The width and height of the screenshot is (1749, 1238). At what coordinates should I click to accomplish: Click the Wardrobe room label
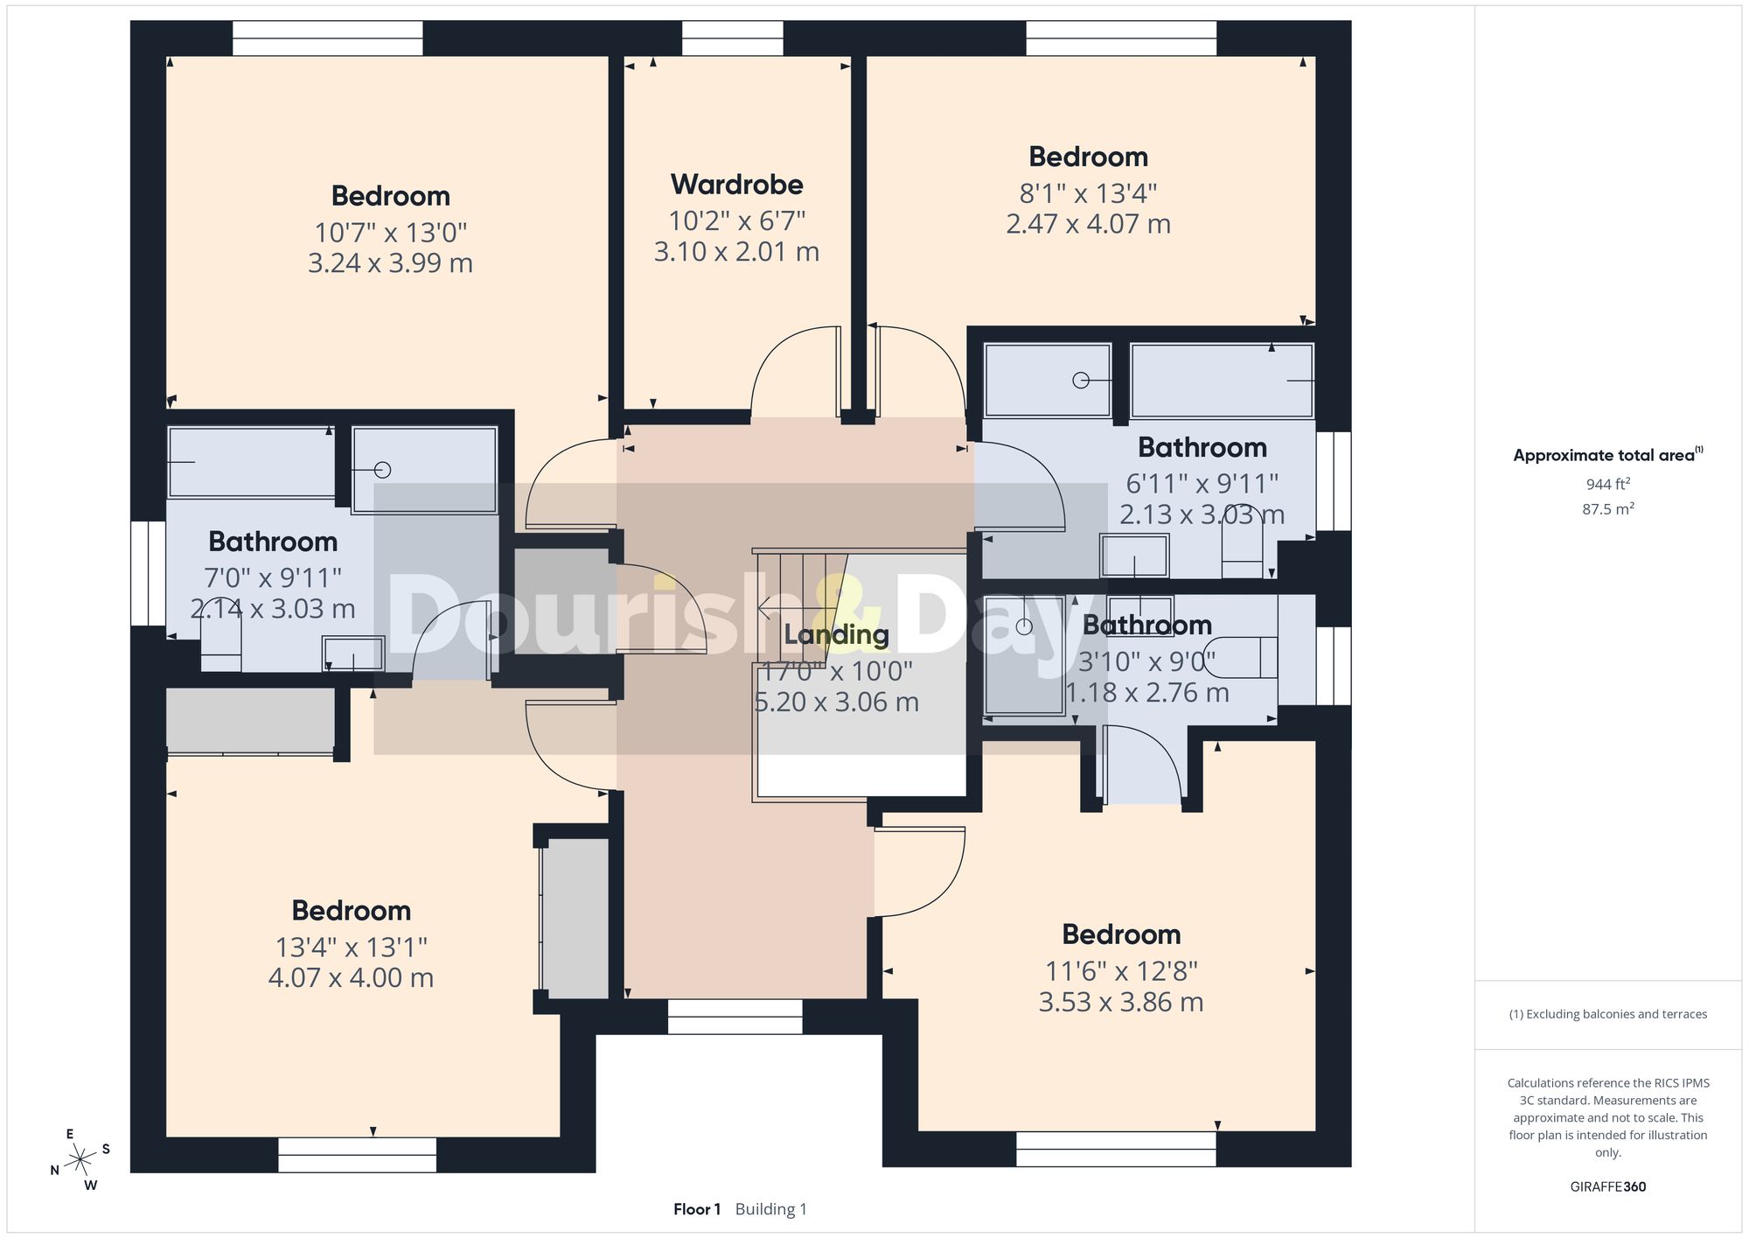[736, 185]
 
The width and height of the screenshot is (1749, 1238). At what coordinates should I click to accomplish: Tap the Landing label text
[836, 635]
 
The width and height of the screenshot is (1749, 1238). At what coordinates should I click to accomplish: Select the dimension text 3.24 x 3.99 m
[390, 263]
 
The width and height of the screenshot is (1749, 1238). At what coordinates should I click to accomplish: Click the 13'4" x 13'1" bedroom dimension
[351, 947]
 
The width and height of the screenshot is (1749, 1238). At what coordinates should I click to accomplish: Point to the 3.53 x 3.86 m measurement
[1121, 1002]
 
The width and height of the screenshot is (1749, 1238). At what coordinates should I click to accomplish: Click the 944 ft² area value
[1608, 484]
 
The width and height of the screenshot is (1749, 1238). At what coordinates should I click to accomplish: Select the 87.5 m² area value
[1608, 508]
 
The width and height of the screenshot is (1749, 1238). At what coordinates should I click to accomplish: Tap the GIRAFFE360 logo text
[1608, 1187]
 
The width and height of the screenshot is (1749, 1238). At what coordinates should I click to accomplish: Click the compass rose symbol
[80, 1160]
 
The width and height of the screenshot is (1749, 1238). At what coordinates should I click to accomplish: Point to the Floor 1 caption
[697, 1209]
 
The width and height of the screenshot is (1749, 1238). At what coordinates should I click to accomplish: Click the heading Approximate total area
[1608, 454]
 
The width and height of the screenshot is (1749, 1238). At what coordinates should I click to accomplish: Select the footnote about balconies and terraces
[1608, 1015]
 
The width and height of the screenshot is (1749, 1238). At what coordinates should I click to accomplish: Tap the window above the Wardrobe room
[732, 38]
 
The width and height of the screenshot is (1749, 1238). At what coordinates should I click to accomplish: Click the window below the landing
[735, 1017]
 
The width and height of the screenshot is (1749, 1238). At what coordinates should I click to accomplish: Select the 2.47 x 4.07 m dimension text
[1088, 224]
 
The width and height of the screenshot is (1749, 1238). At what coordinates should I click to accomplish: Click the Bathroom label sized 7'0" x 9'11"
[273, 542]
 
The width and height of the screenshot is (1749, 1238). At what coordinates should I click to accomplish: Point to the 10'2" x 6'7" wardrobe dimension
[736, 220]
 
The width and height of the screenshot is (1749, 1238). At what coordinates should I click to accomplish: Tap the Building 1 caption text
[771, 1209]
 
